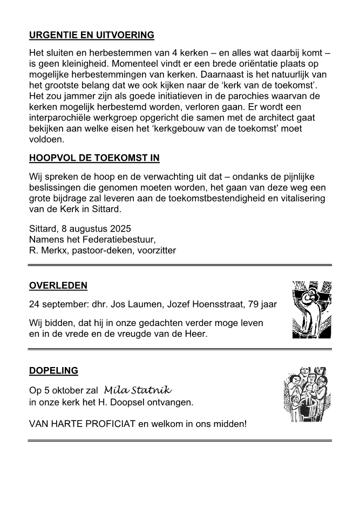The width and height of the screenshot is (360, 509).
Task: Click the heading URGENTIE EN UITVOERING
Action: coord(91,35)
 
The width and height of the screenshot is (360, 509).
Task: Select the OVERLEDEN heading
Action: coord(58,286)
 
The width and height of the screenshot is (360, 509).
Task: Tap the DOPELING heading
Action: coord(53,371)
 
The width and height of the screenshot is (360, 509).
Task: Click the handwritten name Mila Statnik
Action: coord(138,390)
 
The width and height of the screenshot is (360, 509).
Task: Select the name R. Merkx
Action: coord(47,250)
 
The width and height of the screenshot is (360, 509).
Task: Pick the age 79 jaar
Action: coord(262,305)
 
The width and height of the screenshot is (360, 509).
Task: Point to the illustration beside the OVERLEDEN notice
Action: coord(311,310)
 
